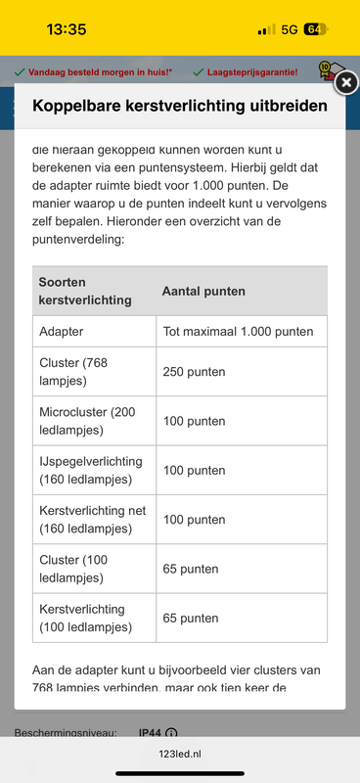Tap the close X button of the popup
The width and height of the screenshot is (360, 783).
(345, 84)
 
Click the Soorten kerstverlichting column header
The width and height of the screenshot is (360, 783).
(85, 291)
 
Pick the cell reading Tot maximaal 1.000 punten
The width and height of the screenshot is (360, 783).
(238, 332)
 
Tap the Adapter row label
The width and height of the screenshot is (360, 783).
(62, 332)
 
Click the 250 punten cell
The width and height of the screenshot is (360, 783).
(194, 372)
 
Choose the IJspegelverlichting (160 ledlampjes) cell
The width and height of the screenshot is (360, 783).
(91, 470)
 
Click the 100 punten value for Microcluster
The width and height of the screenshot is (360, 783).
(194, 421)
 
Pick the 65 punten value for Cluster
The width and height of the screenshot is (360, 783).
(190, 569)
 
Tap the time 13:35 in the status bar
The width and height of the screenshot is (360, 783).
(67, 29)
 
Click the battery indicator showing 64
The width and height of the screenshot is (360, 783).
(316, 29)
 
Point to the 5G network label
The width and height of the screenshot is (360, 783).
(289, 29)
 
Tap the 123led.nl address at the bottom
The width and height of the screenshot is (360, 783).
(180, 755)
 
